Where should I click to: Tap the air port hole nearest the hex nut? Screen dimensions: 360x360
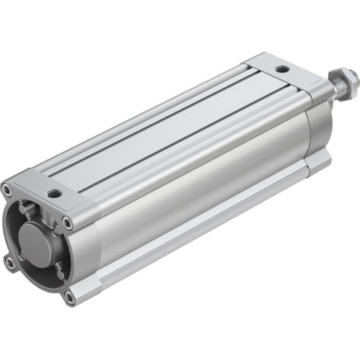point(282,68)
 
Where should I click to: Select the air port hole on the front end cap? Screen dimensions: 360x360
point(54,193)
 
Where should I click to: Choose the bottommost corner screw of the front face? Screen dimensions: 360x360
point(69,296)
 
